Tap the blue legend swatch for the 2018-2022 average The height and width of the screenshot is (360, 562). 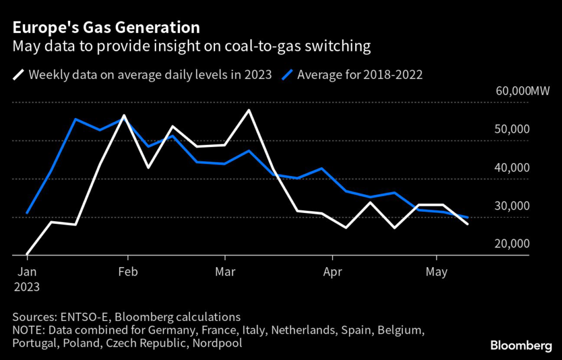tap(287, 75)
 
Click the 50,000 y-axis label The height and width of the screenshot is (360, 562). tap(512, 130)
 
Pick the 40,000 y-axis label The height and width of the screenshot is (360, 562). tap(512, 168)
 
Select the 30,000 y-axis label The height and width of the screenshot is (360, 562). tap(512, 206)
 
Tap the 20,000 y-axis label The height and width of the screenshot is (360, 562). tap(512, 244)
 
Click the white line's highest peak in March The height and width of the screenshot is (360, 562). tap(249, 110)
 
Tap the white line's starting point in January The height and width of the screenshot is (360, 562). tap(27, 254)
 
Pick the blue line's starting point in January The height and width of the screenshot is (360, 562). tap(27, 213)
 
